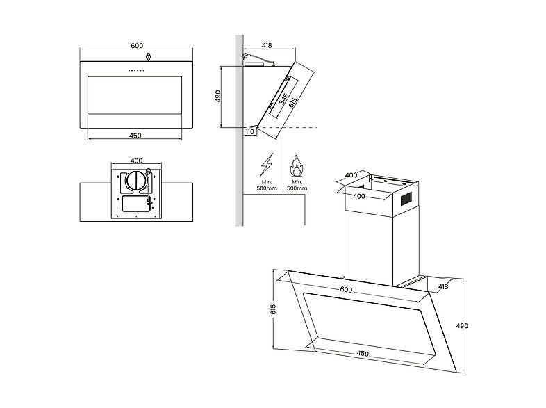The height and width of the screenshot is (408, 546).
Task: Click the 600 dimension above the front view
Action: (x=137, y=46)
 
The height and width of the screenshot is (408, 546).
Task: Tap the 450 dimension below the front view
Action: (x=135, y=136)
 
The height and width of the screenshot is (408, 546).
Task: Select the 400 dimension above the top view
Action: (x=136, y=161)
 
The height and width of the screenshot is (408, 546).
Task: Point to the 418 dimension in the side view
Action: (x=267, y=45)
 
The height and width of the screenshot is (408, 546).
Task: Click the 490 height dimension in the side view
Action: (x=218, y=96)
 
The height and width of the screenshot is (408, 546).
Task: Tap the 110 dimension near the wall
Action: (x=249, y=132)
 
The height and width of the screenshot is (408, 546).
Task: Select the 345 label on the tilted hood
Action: (x=284, y=99)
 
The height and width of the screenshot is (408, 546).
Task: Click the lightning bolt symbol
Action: (x=267, y=165)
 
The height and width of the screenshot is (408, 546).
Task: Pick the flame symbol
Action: (x=297, y=165)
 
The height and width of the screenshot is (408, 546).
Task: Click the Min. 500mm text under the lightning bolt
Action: (x=267, y=185)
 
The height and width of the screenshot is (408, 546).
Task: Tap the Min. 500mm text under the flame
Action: (x=297, y=185)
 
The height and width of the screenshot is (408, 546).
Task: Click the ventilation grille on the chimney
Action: (x=406, y=198)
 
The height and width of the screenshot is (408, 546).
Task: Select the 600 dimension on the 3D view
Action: (x=346, y=290)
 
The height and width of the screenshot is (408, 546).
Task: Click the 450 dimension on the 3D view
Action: (x=363, y=354)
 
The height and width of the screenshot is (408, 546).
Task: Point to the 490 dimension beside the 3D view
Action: (x=462, y=326)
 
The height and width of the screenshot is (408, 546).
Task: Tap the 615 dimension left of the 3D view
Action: (x=273, y=309)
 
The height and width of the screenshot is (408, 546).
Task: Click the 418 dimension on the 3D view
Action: (x=443, y=287)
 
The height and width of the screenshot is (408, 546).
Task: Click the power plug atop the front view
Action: (x=149, y=56)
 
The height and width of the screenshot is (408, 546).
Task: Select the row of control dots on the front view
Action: (x=136, y=70)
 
